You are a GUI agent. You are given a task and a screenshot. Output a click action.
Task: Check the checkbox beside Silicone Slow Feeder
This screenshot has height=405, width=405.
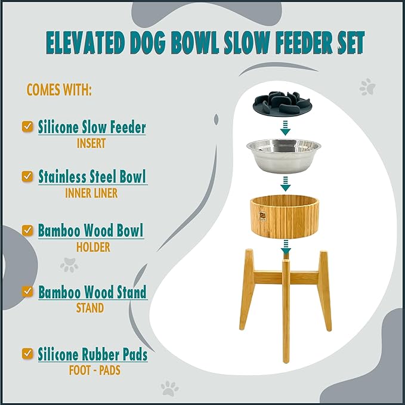pos(27,126)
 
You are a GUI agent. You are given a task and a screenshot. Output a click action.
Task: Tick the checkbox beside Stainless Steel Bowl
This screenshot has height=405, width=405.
pos(27,177)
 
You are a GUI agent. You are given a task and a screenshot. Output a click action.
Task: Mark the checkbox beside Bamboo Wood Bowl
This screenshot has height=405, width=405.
pos(27,230)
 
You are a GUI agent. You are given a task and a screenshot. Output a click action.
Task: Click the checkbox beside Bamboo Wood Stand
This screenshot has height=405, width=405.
pos(27,291)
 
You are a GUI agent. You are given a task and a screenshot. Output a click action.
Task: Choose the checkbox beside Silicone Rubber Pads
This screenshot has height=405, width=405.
pos(27,354)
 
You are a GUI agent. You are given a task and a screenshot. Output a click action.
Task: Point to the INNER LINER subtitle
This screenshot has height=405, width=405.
pos(91,194)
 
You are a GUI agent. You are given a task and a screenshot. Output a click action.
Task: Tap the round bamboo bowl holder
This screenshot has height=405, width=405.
pos(285,217)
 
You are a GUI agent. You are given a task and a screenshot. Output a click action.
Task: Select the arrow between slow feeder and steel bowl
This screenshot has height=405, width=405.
pos(285,126)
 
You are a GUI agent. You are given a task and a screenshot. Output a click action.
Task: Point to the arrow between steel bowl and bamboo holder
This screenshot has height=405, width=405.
pos(285,181)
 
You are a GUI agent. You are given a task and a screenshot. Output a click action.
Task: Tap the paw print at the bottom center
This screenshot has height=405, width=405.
pos(170,388)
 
